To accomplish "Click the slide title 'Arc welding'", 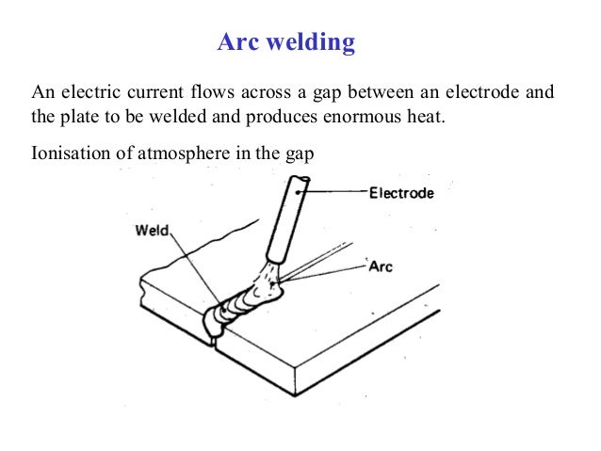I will tap(286, 42).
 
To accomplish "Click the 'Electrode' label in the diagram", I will tap(400, 194).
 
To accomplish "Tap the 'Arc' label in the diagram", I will tap(380, 266).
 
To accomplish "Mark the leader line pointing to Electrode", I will tap(334, 193).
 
